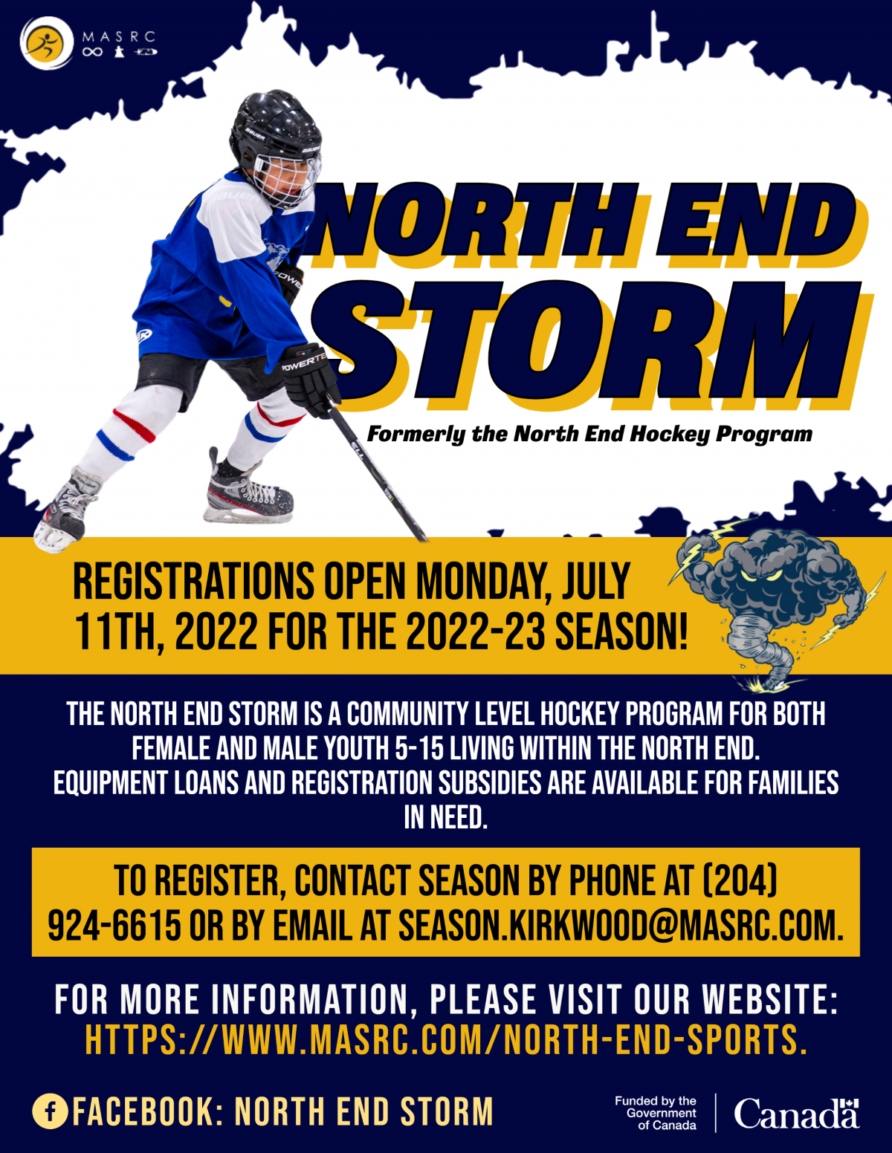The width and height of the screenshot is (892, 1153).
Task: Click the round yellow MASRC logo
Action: pos(47,43)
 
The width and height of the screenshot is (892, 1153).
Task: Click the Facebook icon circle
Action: pos(50,1111)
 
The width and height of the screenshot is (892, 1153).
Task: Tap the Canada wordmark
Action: pos(797,1113)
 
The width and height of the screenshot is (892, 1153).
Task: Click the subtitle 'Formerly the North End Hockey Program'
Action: pos(589,434)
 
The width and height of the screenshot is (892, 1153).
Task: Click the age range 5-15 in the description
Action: pos(418,748)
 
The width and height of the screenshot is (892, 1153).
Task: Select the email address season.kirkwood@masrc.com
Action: pos(621,926)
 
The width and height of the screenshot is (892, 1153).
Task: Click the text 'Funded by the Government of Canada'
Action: pos(656,1113)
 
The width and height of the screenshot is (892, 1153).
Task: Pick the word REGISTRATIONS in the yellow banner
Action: pos(194,582)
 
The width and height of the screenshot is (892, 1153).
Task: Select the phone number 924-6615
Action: pos(114,926)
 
